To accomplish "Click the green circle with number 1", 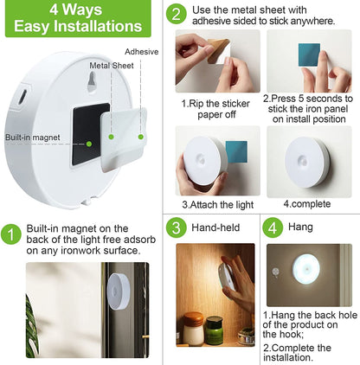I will pyautogui.click(x=12, y=235).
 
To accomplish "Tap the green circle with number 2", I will pyautogui.click(x=177, y=14).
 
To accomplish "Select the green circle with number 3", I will pyautogui.click(x=177, y=227).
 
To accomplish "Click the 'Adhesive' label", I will pyautogui.click(x=142, y=52).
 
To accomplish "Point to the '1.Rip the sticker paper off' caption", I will pyautogui.click(x=215, y=106).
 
